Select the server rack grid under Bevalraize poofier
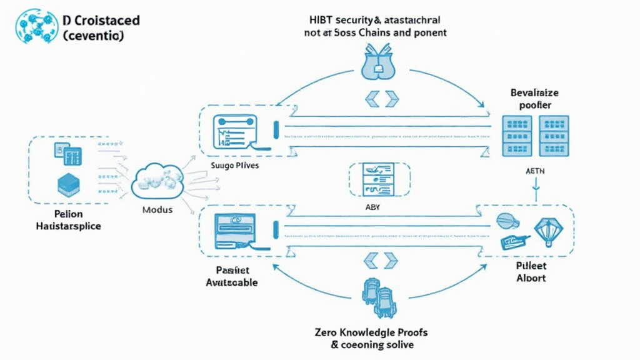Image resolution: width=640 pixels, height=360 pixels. pyautogui.click(x=536, y=136)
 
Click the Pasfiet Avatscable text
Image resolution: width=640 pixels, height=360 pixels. pyautogui.click(x=232, y=276)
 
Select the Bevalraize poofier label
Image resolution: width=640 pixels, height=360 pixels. pyautogui.click(x=535, y=99)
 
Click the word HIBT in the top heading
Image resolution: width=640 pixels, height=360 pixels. pyautogui.click(x=317, y=19)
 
